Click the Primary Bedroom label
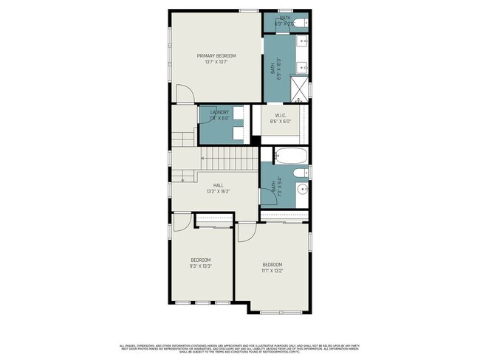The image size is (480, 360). click(x=216, y=56)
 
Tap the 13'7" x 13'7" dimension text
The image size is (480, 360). click(x=216, y=63)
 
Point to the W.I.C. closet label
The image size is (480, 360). click(x=281, y=115)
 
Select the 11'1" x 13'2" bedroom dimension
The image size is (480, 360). click(x=272, y=271)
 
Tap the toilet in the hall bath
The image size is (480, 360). click(x=299, y=173)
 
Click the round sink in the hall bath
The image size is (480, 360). click(x=301, y=191)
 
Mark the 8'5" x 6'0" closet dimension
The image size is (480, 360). click(x=281, y=122)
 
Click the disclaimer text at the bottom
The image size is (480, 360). click(x=239, y=348)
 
